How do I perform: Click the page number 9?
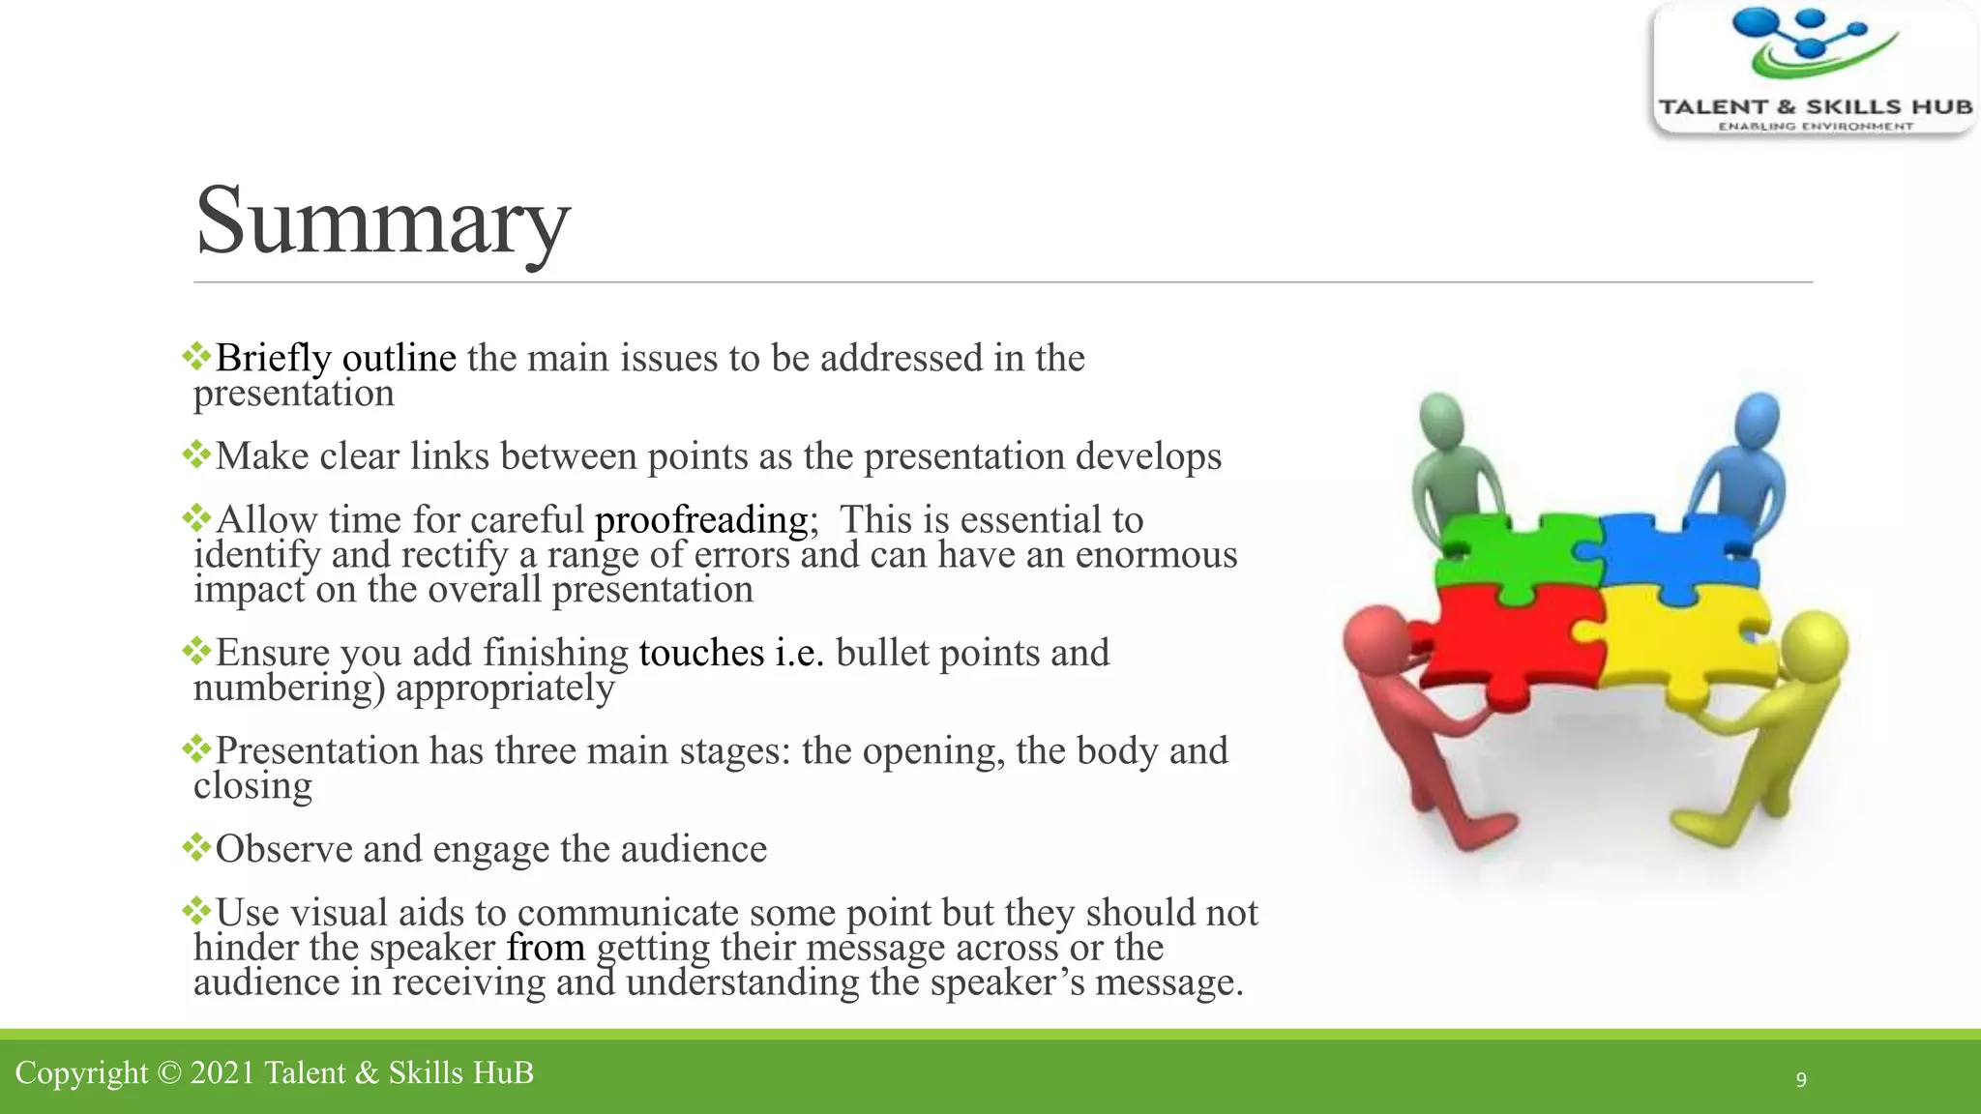(1801, 1079)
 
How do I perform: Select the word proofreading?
(701, 520)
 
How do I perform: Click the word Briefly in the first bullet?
(273, 359)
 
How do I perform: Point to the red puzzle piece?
(1509, 638)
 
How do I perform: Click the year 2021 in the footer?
(222, 1073)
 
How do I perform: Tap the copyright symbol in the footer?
(169, 1073)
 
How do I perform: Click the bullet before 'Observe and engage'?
(196, 848)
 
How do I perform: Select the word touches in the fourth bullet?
(701, 653)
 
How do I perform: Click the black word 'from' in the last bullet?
(546, 948)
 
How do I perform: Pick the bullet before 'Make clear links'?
(196, 454)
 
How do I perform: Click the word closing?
(252, 786)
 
